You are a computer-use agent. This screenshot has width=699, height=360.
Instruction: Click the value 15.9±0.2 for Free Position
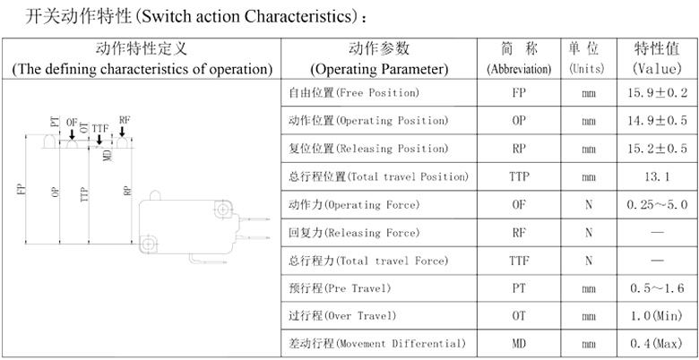pyautogui.click(x=657, y=93)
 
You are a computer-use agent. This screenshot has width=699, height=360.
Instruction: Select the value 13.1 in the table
pyautogui.click(x=657, y=177)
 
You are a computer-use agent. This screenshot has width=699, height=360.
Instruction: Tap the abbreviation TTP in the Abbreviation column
pyautogui.click(x=519, y=177)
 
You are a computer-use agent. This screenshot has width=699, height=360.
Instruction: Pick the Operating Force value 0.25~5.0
pyautogui.click(x=657, y=205)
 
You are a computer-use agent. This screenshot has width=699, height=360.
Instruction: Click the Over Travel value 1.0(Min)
pyautogui.click(x=657, y=316)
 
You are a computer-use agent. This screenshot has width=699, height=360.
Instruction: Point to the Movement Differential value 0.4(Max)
pyautogui.click(x=657, y=344)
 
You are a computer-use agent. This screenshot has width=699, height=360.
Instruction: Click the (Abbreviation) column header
pyautogui.click(x=519, y=69)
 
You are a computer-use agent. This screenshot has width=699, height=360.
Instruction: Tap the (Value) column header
pyautogui.click(x=657, y=69)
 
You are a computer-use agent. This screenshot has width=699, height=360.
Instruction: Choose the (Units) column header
pyautogui.click(x=589, y=69)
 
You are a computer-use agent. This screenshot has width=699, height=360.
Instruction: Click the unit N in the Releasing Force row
pyautogui.click(x=589, y=233)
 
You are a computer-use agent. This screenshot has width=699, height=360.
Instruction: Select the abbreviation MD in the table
pyautogui.click(x=519, y=344)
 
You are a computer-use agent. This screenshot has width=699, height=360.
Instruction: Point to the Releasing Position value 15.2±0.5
pyautogui.click(x=657, y=149)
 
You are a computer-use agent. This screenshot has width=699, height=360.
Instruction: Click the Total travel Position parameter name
pyautogui.click(x=378, y=177)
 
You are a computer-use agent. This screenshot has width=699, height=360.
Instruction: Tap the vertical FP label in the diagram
pyautogui.click(x=21, y=189)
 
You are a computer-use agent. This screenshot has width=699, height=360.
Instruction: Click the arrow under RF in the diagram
pyautogui.click(x=122, y=132)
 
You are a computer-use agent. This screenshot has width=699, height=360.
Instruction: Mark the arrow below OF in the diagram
pyautogui.click(x=72, y=134)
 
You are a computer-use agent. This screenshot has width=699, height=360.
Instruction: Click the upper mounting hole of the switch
pyautogui.click(x=222, y=209)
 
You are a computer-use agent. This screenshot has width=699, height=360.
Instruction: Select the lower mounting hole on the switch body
pyautogui.click(x=148, y=244)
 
